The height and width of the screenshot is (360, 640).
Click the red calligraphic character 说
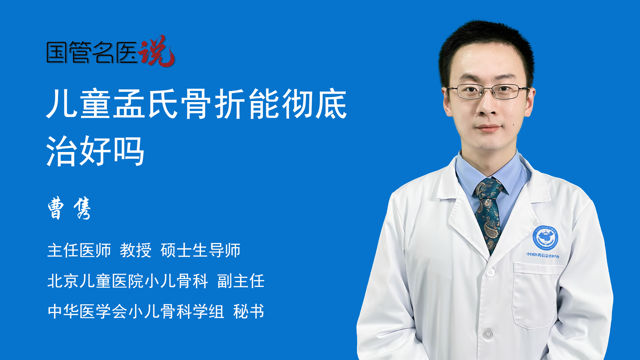157,51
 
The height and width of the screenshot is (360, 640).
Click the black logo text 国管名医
92,52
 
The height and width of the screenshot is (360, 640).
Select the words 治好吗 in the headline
95,151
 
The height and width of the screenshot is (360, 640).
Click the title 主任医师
79,250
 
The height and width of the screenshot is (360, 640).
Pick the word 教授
136,250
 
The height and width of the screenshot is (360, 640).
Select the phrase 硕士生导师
201,250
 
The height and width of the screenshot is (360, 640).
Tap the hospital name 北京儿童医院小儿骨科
128,281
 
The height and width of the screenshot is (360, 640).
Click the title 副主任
241,281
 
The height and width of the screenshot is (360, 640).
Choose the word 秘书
249,311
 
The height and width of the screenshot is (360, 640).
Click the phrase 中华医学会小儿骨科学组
136,311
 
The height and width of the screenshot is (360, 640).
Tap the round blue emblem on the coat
545,237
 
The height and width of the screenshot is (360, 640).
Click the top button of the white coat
490,272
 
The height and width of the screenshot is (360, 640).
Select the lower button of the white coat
488,334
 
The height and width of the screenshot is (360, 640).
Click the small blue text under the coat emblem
543,255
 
